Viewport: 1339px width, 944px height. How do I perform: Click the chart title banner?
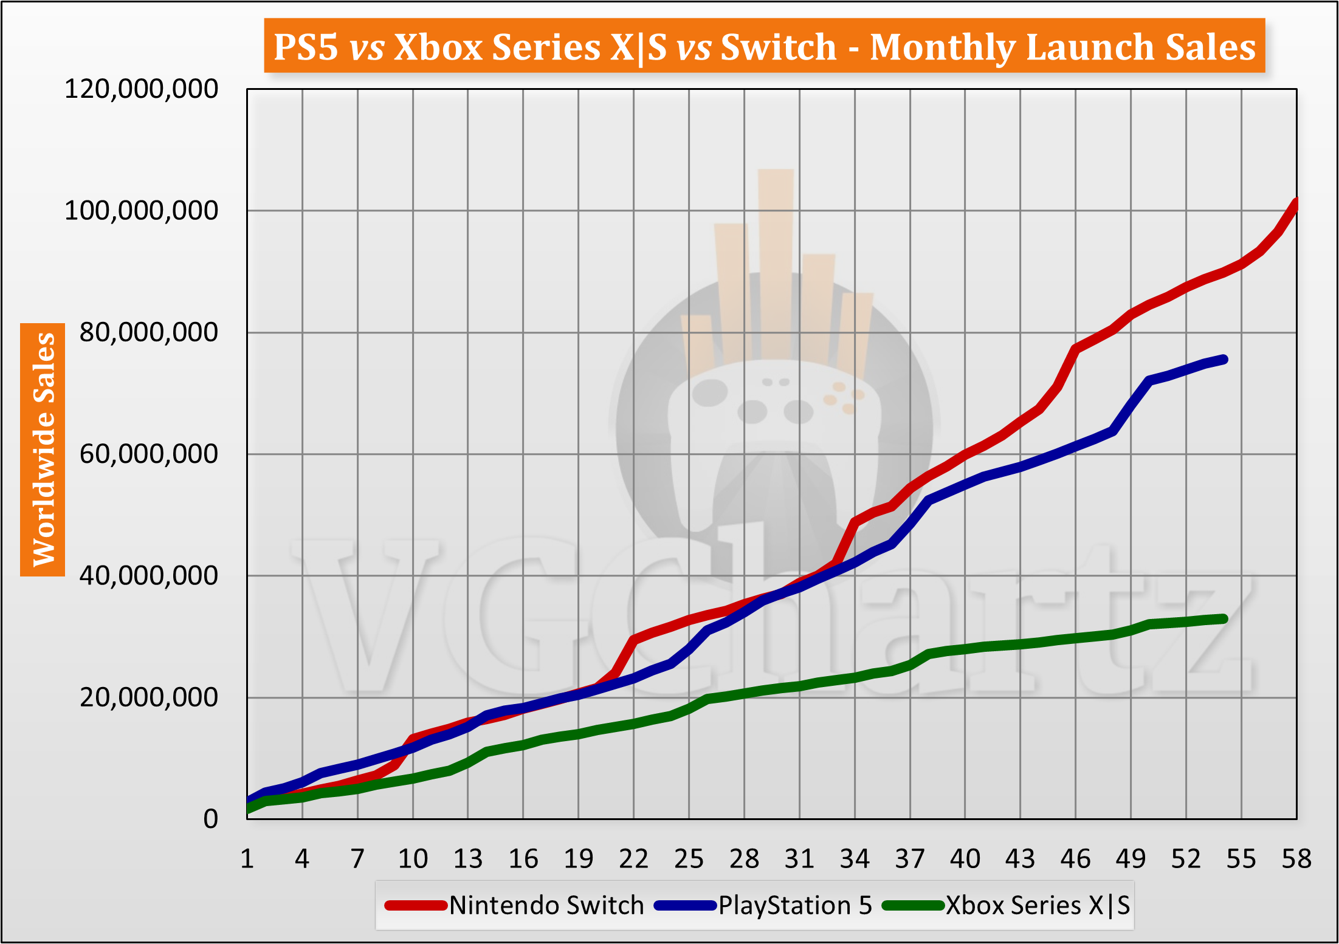pyautogui.click(x=764, y=46)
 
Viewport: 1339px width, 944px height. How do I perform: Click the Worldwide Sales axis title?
pyautogui.click(x=43, y=450)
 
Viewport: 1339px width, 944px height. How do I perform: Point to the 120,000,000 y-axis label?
pyautogui.click(x=141, y=89)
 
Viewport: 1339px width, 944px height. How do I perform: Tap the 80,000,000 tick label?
pyautogui.click(x=148, y=332)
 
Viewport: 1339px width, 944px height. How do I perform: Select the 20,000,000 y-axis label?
pyautogui.click(x=148, y=697)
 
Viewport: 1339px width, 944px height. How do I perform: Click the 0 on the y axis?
pyautogui.click(x=210, y=819)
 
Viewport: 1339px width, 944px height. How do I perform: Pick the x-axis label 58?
pyautogui.click(x=1296, y=859)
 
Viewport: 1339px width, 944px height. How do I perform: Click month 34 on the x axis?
pyautogui.click(x=855, y=859)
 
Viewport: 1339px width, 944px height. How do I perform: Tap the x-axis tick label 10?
pyautogui.click(x=413, y=859)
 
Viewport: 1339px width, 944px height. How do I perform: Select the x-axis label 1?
pyautogui.click(x=247, y=859)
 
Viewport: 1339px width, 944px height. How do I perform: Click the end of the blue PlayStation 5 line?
pyautogui.click(x=1224, y=360)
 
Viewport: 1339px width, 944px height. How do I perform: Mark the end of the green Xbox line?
pyautogui.click(x=1224, y=618)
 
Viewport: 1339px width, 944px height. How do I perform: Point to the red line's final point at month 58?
pyautogui.click(x=1296, y=202)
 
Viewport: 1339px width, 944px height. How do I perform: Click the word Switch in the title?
pyautogui.click(x=779, y=47)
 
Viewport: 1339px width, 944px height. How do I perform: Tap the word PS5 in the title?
pyautogui.click(x=306, y=47)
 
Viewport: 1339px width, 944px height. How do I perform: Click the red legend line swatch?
pyautogui.click(x=416, y=906)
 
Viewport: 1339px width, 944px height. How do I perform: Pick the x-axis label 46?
pyautogui.click(x=1075, y=859)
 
